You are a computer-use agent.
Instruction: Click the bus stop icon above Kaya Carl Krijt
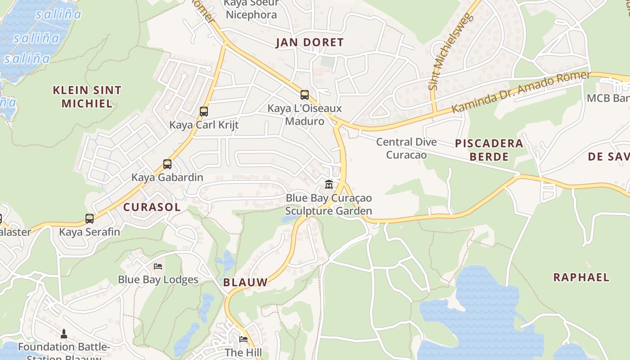pyautogui.click(x=204, y=111)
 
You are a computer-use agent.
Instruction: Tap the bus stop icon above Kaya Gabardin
pyautogui.click(x=167, y=164)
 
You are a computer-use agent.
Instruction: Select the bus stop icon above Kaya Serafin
pyautogui.click(x=90, y=219)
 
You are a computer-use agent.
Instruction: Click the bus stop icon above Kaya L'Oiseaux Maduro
pyautogui.click(x=305, y=95)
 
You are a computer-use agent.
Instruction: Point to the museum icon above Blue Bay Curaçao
pyautogui.click(x=329, y=184)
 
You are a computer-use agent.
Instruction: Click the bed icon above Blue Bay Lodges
pyautogui.click(x=158, y=266)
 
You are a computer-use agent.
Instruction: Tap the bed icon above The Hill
pyautogui.click(x=243, y=339)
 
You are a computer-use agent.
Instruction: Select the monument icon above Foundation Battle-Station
pyautogui.click(x=64, y=334)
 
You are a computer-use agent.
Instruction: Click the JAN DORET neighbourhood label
pyautogui.click(x=310, y=43)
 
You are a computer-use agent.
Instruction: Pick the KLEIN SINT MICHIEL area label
pyautogui.click(x=87, y=97)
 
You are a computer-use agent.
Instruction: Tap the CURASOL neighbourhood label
pyautogui.click(x=152, y=207)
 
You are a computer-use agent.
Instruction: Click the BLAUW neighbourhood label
pyautogui.click(x=245, y=283)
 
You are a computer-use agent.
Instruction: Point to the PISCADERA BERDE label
pyautogui.click(x=489, y=150)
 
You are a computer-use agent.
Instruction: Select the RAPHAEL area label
pyautogui.click(x=581, y=277)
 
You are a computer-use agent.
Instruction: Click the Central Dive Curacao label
pyautogui.click(x=406, y=148)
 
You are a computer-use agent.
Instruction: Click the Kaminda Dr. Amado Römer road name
pyautogui.click(x=520, y=92)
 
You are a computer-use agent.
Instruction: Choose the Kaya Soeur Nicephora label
pyautogui.click(x=251, y=9)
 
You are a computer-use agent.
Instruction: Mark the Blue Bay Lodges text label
pyautogui.click(x=158, y=279)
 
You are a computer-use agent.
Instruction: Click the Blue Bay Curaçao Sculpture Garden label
pyautogui.click(x=329, y=204)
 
